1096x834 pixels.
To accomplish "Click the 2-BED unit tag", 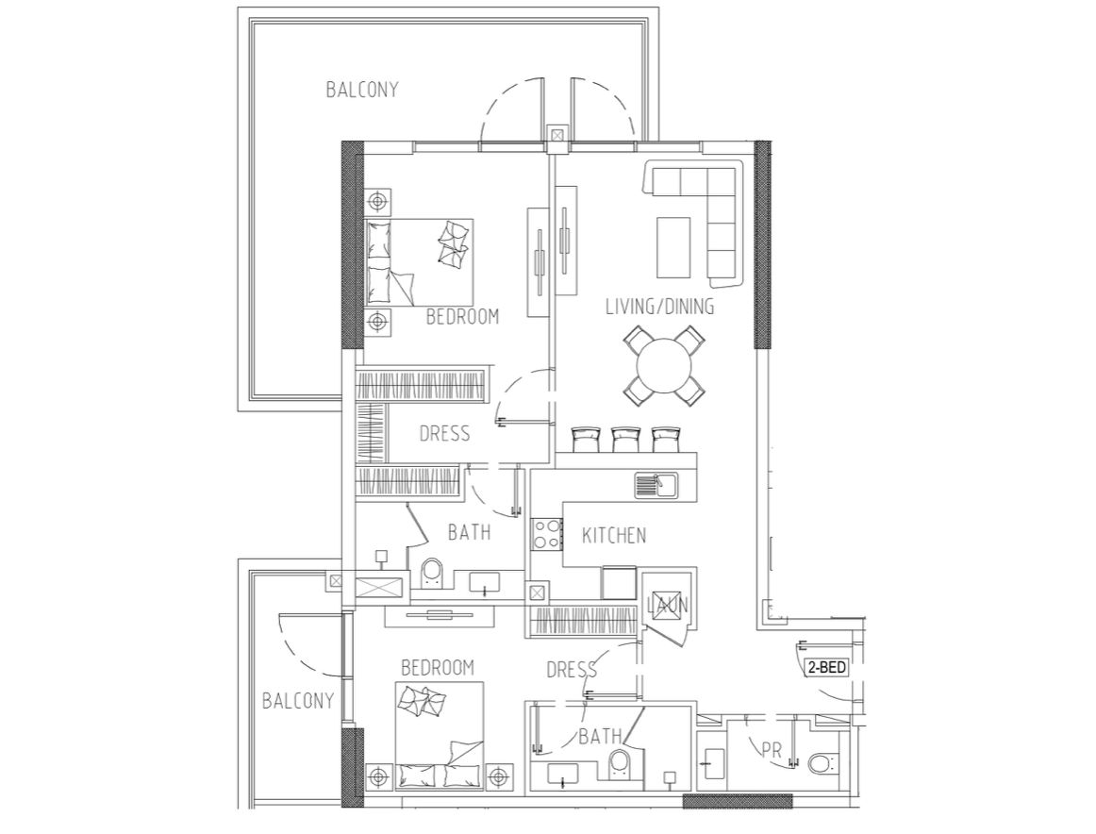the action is [x=827, y=668].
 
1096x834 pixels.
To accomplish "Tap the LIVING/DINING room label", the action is [x=660, y=307].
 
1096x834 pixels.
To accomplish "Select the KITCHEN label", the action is [x=614, y=536].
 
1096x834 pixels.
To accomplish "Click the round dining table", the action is [x=663, y=366].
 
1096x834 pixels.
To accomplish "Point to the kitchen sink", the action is [x=656, y=485].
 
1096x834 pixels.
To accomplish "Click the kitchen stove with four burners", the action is [x=547, y=533].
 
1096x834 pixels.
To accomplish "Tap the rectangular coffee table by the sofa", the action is [x=673, y=247].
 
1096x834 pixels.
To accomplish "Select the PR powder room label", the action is [x=771, y=751].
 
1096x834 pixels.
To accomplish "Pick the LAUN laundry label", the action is [x=668, y=605].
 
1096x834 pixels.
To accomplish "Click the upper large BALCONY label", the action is [x=362, y=90].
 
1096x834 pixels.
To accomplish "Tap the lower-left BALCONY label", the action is [x=298, y=700].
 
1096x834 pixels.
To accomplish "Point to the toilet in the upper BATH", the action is [x=431, y=572].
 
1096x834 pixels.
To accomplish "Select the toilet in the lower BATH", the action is [x=620, y=764].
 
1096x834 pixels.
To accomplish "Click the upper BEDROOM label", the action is [x=463, y=317].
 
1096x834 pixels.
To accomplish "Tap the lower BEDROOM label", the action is [x=438, y=668].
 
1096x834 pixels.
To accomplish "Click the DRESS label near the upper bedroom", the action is [x=444, y=434].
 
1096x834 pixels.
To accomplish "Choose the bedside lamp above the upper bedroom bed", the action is [x=378, y=202].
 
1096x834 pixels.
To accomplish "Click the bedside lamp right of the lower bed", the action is [x=498, y=776].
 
